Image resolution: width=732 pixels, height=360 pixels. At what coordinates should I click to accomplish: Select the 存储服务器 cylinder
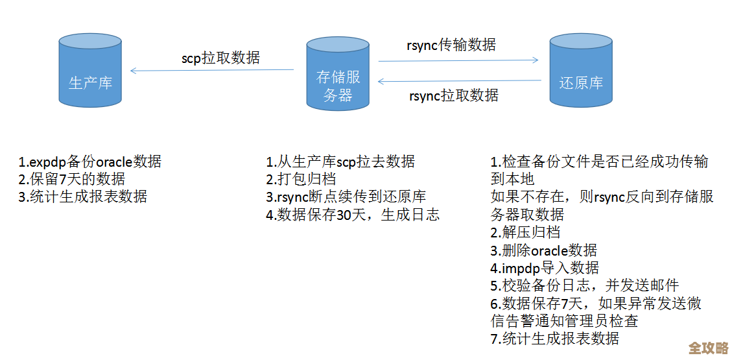tap(338, 74)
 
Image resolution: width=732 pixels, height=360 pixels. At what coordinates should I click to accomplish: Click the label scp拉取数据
tap(220, 58)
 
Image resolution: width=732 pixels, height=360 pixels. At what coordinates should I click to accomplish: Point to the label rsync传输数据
tap(451, 45)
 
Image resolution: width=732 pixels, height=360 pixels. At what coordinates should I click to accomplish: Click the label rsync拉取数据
tap(454, 95)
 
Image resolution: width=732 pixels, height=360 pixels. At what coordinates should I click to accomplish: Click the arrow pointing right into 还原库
tap(458, 60)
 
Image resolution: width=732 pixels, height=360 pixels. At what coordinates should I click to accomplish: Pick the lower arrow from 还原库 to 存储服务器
tap(459, 81)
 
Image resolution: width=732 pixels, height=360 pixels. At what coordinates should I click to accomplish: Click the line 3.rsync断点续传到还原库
tap(346, 197)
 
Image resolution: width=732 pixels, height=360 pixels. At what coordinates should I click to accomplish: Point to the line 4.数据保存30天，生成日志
tap(353, 215)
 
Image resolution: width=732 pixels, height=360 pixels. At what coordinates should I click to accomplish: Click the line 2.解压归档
tap(525, 232)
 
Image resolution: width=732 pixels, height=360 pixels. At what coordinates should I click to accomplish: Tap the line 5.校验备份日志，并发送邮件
tap(585, 285)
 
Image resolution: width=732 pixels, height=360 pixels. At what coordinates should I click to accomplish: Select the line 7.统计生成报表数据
tap(555, 338)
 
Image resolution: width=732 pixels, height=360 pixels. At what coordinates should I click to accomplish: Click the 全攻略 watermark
tap(709, 348)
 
